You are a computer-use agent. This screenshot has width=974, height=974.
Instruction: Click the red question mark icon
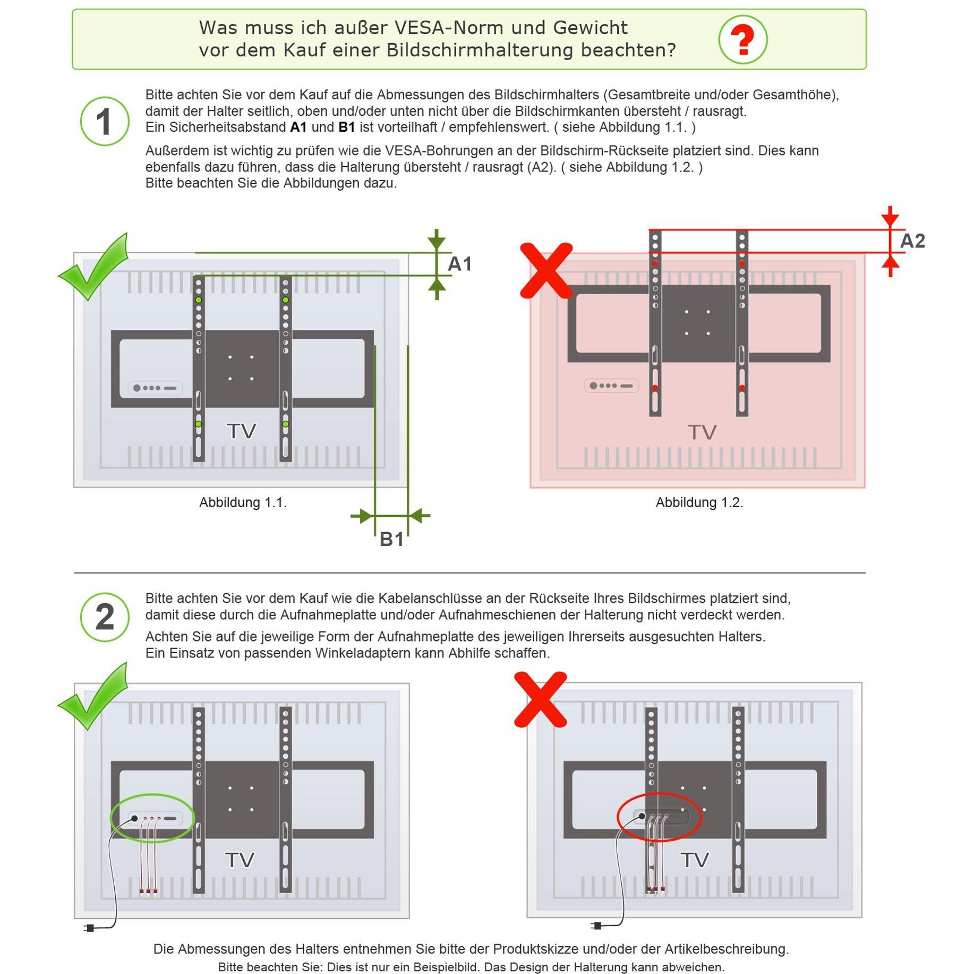pyautogui.click(x=742, y=39)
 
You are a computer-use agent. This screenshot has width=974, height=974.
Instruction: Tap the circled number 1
pyautogui.click(x=104, y=121)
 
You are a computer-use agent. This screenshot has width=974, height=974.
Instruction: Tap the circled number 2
pyautogui.click(x=104, y=617)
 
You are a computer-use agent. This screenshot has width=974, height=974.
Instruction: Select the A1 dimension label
pyautogui.click(x=459, y=264)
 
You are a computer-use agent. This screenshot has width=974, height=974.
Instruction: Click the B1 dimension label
pyautogui.click(x=391, y=540)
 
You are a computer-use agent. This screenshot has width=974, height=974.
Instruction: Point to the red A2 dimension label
pyautogui.click(x=912, y=241)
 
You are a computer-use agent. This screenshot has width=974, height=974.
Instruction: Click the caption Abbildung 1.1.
pyautogui.click(x=243, y=502)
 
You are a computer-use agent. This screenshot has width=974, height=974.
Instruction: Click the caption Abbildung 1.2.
pyautogui.click(x=699, y=502)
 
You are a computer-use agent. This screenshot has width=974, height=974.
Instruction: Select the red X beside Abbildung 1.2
pyautogui.click(x=546, y=270)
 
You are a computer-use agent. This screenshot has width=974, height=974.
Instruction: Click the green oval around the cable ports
pyautogui.click(x=152, y=818)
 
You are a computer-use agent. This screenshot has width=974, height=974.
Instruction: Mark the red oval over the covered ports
pyautogui.click(x=659, y=817)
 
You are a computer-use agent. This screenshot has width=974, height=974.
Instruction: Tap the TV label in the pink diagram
pyautogui.click(x=702, y=432)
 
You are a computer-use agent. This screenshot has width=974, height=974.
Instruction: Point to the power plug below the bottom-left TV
pyautogui.click(x=89, y=928)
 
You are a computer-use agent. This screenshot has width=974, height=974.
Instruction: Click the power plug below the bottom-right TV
pyautogui.click(x=596, y=926)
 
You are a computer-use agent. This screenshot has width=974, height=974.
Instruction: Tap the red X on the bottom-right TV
pyautogui.click(x=541, y=699)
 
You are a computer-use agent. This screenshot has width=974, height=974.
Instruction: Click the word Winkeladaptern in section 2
pyautogui.click(x=363, y=653)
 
